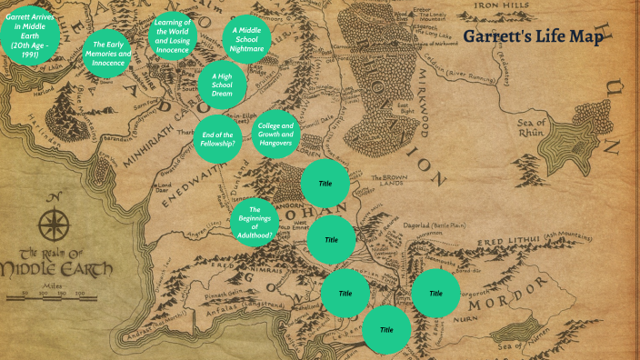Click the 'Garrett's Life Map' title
coord(533,37)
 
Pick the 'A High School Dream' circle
coord(222,84)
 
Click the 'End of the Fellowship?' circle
coord(218,138)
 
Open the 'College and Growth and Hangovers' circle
coord(275,134)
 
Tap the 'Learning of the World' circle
coord(173,35)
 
